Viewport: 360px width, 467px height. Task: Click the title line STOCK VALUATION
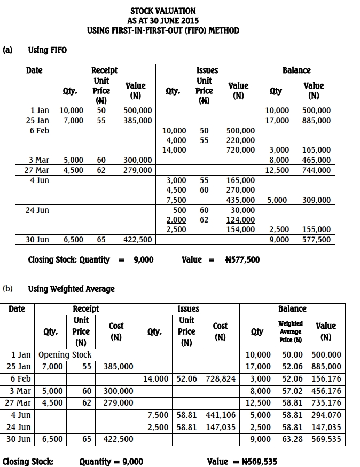163,11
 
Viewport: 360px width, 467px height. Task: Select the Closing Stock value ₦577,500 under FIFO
242,260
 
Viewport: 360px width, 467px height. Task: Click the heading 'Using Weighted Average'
71,289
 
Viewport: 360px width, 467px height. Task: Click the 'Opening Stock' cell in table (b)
65,354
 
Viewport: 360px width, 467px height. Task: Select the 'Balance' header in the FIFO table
296,70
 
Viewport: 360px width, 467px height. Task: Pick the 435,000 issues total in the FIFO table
241,200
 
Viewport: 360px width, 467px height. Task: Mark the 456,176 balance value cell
326,391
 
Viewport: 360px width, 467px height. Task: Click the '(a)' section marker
7,50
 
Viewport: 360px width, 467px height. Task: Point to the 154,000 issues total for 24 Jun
241,229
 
